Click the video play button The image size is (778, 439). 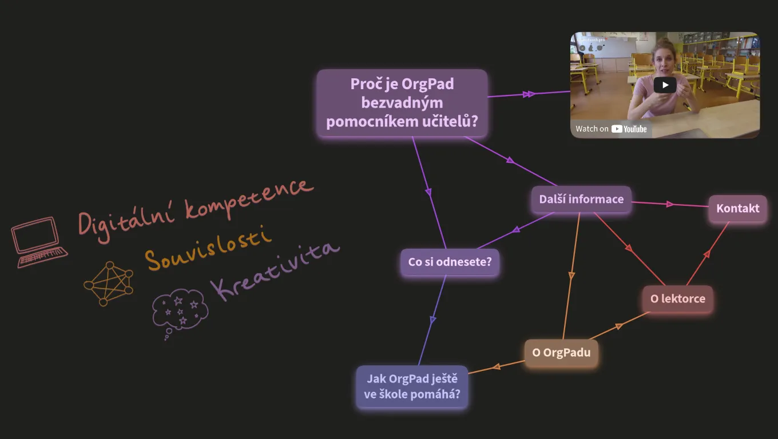[x=665, y=85]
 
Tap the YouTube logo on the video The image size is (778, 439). [x=629, y=129]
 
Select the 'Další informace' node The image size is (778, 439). [x=581, y=199]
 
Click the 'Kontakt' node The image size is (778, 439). [x=738, y=208]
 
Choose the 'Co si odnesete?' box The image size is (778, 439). [x=450, y=262]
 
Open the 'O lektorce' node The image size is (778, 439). [x=678, y=298]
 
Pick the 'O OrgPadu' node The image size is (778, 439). [x=561, y=353]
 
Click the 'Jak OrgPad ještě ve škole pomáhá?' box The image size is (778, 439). [x=412, y=386]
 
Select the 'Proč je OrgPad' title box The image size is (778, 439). [x=402, y=103]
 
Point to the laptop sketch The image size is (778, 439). [x=39, y=242]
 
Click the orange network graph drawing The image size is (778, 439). [x=109, y=284]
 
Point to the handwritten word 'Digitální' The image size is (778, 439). [x=126, y=222]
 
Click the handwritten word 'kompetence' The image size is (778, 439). [x=249, y=198]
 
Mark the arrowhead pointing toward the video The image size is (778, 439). [x=529, y=94]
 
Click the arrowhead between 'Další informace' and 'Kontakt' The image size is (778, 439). [x=670, y=204]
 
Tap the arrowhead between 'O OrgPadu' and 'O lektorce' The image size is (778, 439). [x=619, y=326]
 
